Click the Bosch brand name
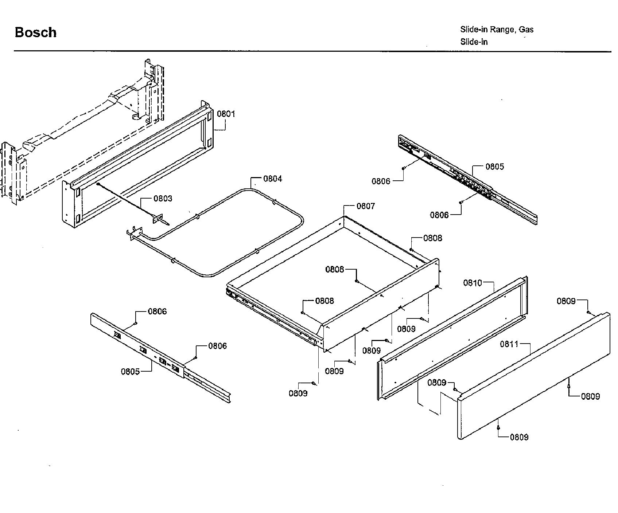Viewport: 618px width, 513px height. (35, 32)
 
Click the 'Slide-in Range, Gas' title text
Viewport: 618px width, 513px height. (497, 30)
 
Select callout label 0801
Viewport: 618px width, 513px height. (226, 114)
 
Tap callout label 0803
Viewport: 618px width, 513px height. (163, 199)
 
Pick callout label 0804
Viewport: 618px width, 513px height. (272, 179)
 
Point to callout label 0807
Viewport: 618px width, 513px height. (365, 206)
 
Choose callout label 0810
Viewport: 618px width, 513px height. (473, 283)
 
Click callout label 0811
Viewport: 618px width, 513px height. (509, 344)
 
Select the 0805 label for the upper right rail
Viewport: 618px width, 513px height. (494, 167)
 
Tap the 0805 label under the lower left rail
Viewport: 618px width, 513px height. (131, 372)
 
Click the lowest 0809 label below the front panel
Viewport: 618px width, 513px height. (519, 437)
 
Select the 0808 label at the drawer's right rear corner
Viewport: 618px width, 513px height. (432, 238)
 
